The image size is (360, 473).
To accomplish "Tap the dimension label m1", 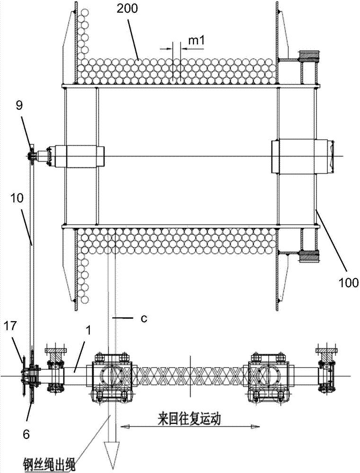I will point(196,41).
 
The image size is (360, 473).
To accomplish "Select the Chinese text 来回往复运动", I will point(189,419).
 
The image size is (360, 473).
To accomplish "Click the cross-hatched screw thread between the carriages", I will point(189,377).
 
